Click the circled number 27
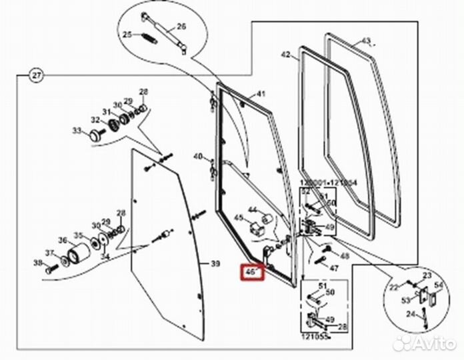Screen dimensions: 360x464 (x=35, y=75)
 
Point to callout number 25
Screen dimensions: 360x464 (x=127, y=35)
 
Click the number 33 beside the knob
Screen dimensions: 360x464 (x=76, y=130)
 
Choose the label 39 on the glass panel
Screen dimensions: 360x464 (x=215, y=265)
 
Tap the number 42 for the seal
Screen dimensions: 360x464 (x=286, y=55)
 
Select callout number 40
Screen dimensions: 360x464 (x=197, y=157)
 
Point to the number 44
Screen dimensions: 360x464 (x=253, y=210)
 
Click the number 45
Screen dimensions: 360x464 (x=238, y=217)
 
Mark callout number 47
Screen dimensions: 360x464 (x=335, y=268)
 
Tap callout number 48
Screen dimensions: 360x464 (x=345, y=255)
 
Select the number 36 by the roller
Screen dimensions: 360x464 (x=63, y=241)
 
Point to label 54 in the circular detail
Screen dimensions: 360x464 (x=439, y=285)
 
